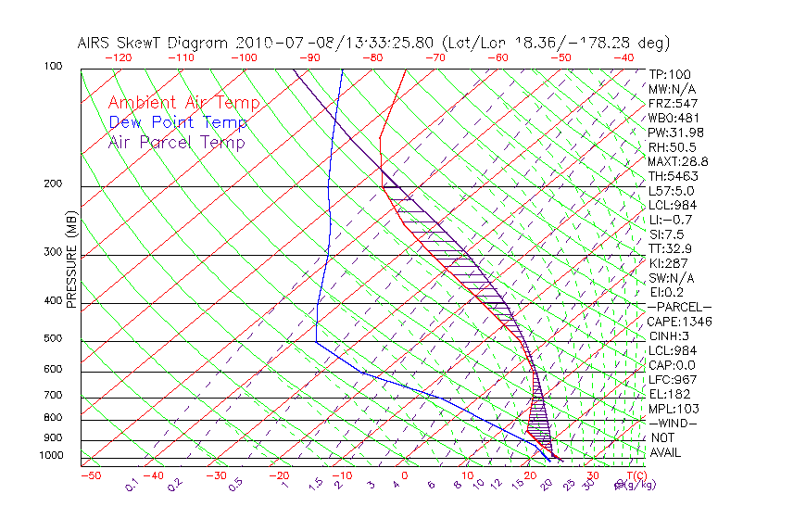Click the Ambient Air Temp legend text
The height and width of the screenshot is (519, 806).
pyautogui.click(x=183, y=104)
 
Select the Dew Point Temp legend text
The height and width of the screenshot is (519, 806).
pyautogui.click(x=178, y=123)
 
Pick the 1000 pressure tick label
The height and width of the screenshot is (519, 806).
pyautogui.click(x=53, y=456)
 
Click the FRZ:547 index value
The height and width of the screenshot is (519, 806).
pyautogui.click(x=673, y=104)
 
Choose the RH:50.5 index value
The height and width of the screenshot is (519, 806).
pyautogui.click(x=672, y=147)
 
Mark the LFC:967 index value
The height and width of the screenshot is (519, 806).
pyautogui.click(x=672, y=379)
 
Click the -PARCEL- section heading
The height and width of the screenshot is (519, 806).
pyautogui.click(x=679, y=307)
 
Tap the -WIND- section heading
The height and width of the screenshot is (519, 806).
pyautogui.click(x=673, y=423)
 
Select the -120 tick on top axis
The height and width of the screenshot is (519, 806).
pyautogui.click(x=118, y=57)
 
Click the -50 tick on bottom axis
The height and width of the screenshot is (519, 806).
pyautogui.click(x=90, y=476)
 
